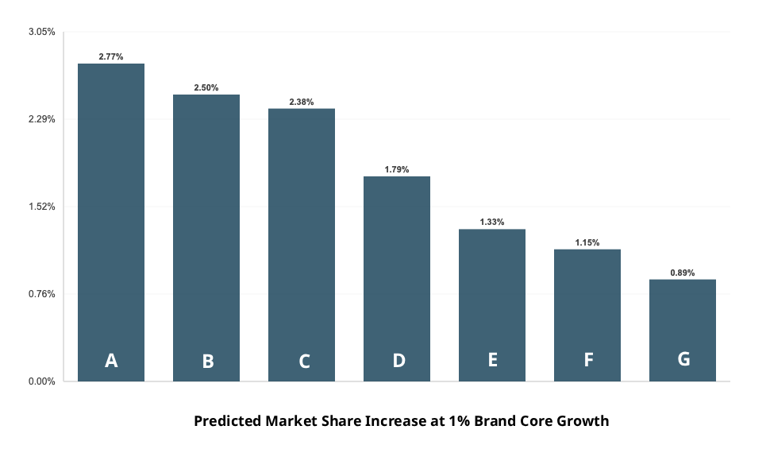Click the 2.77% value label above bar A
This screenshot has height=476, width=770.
(111, 57)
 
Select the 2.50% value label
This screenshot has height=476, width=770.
(206, 88)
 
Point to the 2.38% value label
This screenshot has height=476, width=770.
(302, 103)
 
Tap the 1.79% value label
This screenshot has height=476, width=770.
(397, 170)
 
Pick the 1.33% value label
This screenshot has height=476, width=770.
(492, 223)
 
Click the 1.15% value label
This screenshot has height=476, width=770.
(587, 243)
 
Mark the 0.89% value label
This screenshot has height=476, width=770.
(683, 273)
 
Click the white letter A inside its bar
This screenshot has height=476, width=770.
(111, 361)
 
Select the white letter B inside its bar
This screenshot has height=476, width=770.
(208, 362)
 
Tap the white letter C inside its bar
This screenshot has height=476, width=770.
(304, 362)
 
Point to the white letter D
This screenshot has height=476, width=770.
(398, 360)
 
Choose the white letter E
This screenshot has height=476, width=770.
(493, 359)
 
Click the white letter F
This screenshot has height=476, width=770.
(588, 359)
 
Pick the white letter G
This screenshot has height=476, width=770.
(683, 358)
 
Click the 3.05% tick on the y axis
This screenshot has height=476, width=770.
(42, 32)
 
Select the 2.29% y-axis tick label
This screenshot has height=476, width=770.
(42, 119)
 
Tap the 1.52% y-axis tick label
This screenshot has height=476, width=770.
(42, 207)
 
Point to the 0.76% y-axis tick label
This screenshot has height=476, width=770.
(42, 294)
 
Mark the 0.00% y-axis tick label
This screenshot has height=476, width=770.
(42, 381)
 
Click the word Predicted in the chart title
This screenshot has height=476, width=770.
(226, 421)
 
